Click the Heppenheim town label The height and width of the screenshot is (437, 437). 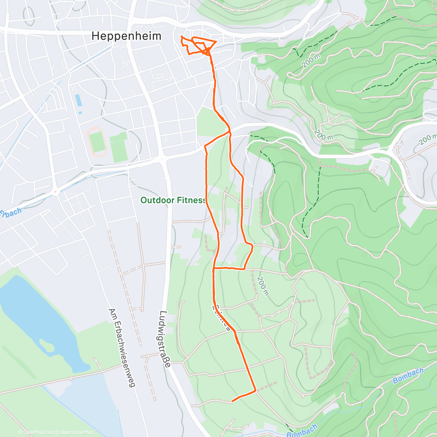(126, 36)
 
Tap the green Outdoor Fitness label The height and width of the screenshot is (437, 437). (173, 200)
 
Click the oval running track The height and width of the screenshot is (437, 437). (97, 142)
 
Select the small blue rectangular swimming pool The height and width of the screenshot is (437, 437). (78, 100)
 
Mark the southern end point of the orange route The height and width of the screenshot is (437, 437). (232, 401)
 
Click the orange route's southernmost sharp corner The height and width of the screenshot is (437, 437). (256, 390)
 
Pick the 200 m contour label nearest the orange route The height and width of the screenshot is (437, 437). (262, 286)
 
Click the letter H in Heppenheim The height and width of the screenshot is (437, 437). (95, 36)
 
